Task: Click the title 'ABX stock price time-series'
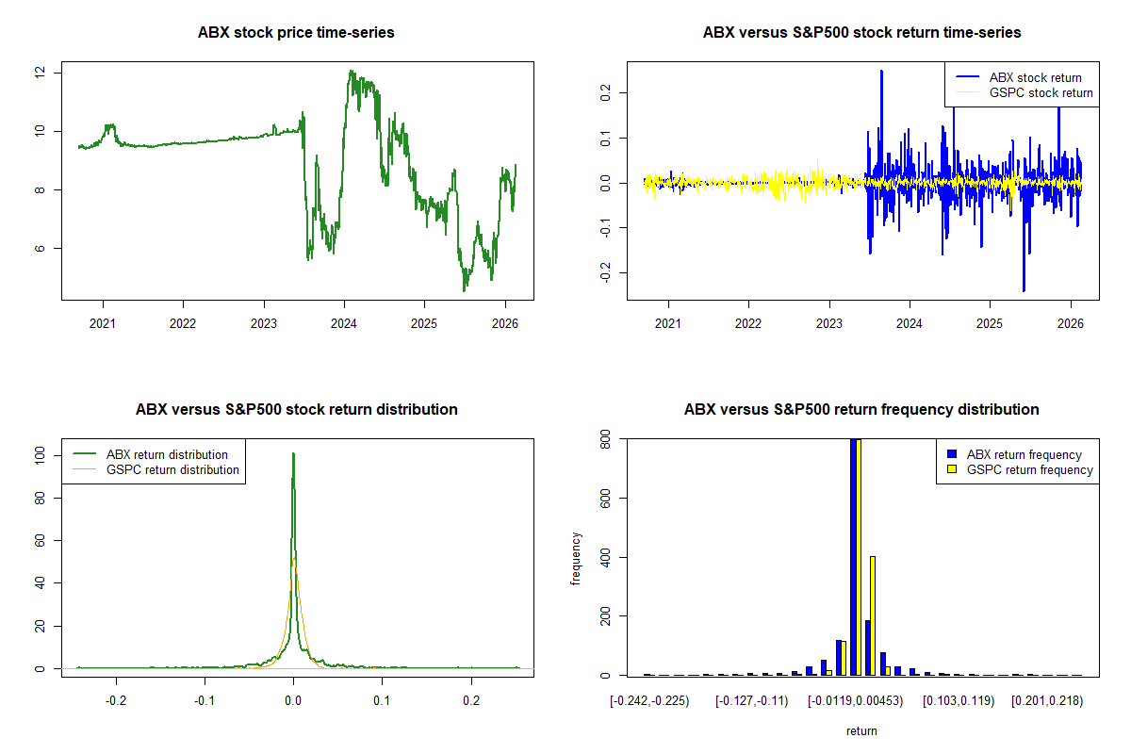296,32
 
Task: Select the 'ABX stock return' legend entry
1019,77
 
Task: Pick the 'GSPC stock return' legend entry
1024,92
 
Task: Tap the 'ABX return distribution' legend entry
151,454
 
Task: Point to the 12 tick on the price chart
40,73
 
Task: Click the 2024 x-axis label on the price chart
344,323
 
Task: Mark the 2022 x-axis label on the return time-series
747,323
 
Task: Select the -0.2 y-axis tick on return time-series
605,272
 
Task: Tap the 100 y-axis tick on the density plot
40,455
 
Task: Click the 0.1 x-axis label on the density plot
382,700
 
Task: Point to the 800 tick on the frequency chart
605,439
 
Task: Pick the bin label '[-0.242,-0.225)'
649,701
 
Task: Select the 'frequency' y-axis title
576,559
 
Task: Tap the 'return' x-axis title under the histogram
861,730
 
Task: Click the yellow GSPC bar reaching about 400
873,615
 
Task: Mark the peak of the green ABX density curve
293,453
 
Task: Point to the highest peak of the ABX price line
351,72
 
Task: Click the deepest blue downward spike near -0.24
1024,290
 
